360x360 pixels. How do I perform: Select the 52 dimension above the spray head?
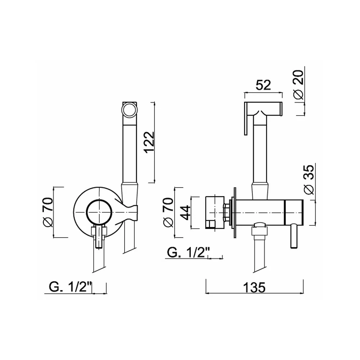264,85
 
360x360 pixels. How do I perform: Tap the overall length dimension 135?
254,287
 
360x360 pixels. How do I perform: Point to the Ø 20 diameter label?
299,85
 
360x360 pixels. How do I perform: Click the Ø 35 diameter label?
309,180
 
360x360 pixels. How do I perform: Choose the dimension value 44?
185,213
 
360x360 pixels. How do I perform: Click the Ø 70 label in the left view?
48,212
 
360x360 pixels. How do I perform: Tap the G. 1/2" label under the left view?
71,287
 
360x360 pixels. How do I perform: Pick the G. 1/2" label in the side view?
189,253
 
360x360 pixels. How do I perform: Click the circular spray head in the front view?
130,110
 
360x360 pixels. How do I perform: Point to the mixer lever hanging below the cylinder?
294,237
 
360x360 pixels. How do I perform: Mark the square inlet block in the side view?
215,213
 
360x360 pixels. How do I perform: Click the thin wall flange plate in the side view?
235,213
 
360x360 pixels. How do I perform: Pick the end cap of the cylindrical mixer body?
294,212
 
